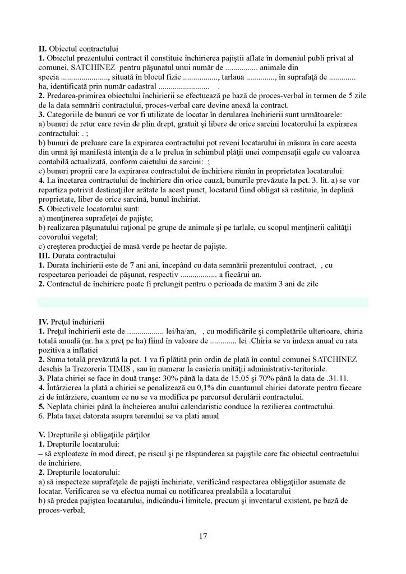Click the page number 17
click(203, 536)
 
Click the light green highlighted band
click(203, 303)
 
